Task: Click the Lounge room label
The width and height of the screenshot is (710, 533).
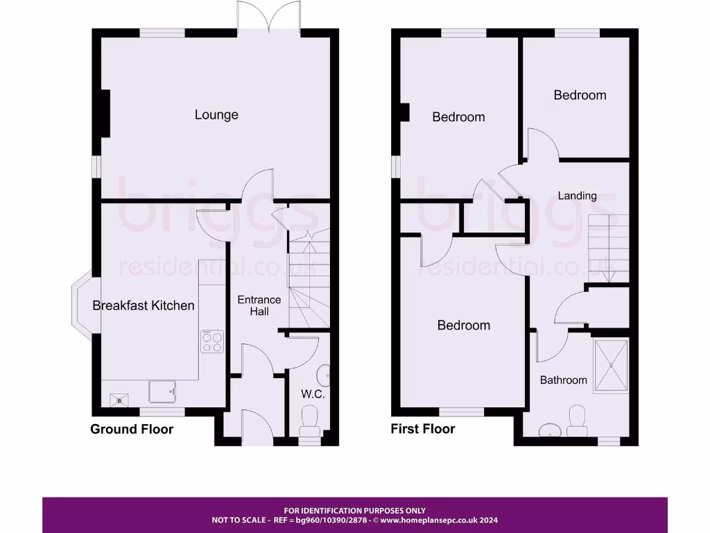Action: [216, 115]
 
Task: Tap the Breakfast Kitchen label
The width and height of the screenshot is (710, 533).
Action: [144, 305]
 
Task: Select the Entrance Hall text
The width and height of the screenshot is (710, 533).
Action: [259, 305]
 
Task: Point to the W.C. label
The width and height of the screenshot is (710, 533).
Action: [313, 394]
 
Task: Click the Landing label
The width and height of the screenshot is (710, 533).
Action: [577, 196]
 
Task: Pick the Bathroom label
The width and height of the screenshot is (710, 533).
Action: [563, 380]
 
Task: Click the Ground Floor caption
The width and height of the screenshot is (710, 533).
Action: [132, 429]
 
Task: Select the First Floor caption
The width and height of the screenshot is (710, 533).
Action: [423, 429]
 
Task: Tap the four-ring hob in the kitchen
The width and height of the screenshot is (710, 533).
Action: [213, 341]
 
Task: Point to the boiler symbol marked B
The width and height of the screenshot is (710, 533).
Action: [119, 400]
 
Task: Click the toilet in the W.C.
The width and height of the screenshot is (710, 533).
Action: [309, 421]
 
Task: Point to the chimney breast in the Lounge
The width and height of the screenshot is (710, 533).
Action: [105, 114]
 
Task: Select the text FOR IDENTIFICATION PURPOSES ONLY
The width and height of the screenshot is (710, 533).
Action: [354, 511]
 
